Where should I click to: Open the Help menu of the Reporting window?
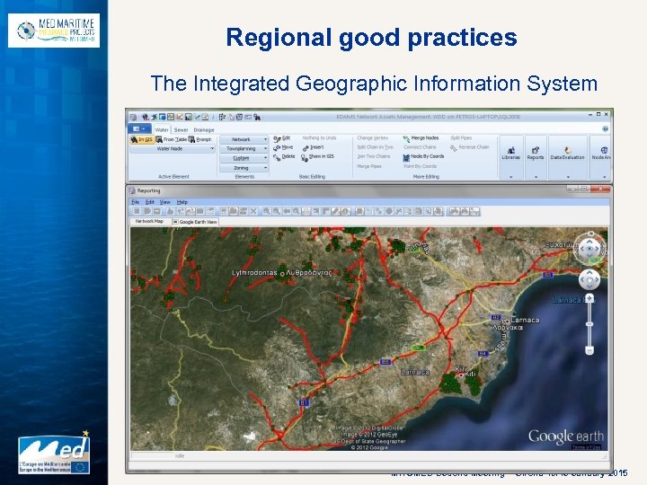[x=182, y=202]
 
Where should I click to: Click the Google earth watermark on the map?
[x=565, y=436]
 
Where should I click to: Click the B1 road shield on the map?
[x=305, y=403]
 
